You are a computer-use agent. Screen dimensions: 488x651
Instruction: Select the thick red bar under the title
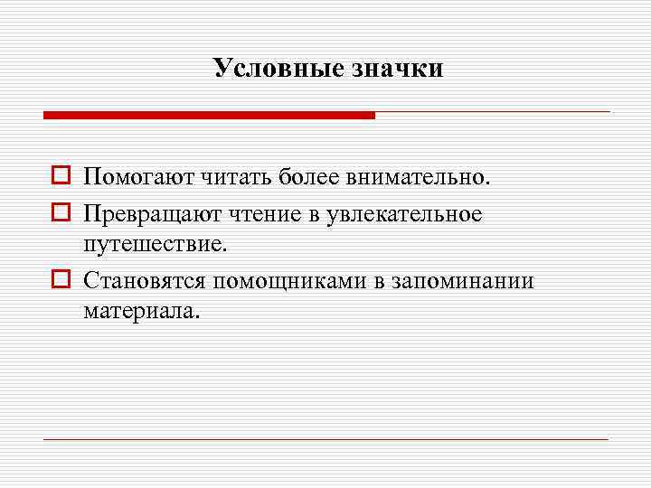pyautogui.click(x=209, y=115)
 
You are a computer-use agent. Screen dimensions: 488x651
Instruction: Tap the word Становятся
pyautogui.click(x=145, y=281)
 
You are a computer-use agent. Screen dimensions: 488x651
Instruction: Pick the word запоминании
pyautogui.click(x=463, y=281)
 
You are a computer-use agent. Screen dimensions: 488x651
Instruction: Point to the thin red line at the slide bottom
pyautogui.click(x=325, y=439)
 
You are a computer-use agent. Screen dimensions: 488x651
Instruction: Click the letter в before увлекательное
pyautogui.click(x=322, y=215)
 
